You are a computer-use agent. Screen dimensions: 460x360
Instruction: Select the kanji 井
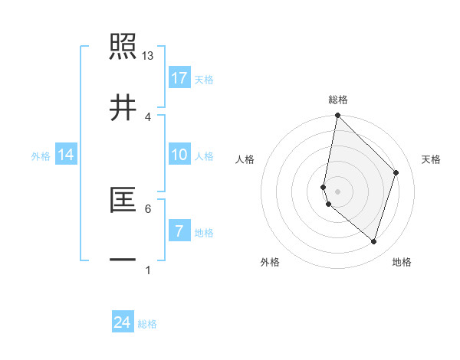123,108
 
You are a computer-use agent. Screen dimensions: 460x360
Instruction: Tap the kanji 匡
123,201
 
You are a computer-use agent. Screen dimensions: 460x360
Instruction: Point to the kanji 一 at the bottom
123,260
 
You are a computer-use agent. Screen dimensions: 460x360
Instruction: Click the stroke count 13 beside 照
148,56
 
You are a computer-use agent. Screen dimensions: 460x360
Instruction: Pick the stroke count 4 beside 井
148,116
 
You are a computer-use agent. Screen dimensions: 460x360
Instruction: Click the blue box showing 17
179,77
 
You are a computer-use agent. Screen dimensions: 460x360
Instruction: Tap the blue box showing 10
179,155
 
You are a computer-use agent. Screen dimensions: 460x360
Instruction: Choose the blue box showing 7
179,231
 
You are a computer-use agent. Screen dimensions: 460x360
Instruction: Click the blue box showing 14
66,155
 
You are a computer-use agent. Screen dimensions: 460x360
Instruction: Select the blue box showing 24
123,322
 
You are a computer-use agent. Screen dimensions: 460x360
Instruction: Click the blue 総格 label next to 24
147,324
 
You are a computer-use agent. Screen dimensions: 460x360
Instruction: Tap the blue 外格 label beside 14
41,156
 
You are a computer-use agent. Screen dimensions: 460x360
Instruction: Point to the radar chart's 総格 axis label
338,100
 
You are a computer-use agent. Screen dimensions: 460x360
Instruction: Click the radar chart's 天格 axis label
432,159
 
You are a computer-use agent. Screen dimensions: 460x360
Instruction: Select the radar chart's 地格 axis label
402,263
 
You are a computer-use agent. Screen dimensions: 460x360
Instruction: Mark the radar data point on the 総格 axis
337,116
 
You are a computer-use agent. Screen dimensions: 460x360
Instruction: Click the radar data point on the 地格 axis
373,241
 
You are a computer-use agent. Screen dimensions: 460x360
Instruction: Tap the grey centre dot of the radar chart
337,191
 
